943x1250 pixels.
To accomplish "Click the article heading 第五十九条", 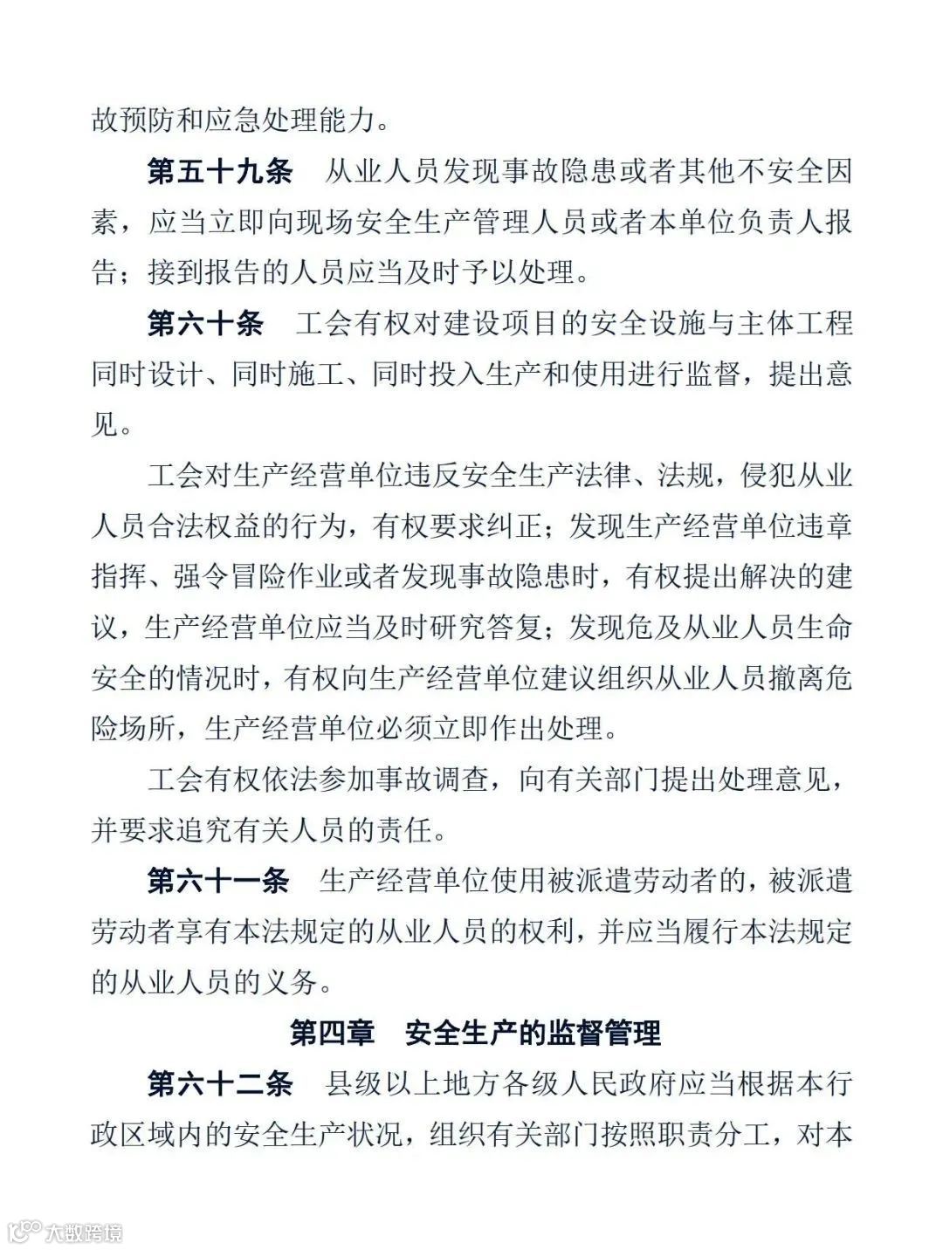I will [219, 172].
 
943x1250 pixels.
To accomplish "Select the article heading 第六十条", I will [205, 324].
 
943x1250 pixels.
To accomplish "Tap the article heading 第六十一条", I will [218, 881].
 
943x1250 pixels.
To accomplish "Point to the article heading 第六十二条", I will [219, 1084].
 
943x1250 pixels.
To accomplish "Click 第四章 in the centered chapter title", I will [332, 1034].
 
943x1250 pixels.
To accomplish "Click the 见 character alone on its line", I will [106, 425].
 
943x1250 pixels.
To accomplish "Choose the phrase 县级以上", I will [380, 1084].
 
